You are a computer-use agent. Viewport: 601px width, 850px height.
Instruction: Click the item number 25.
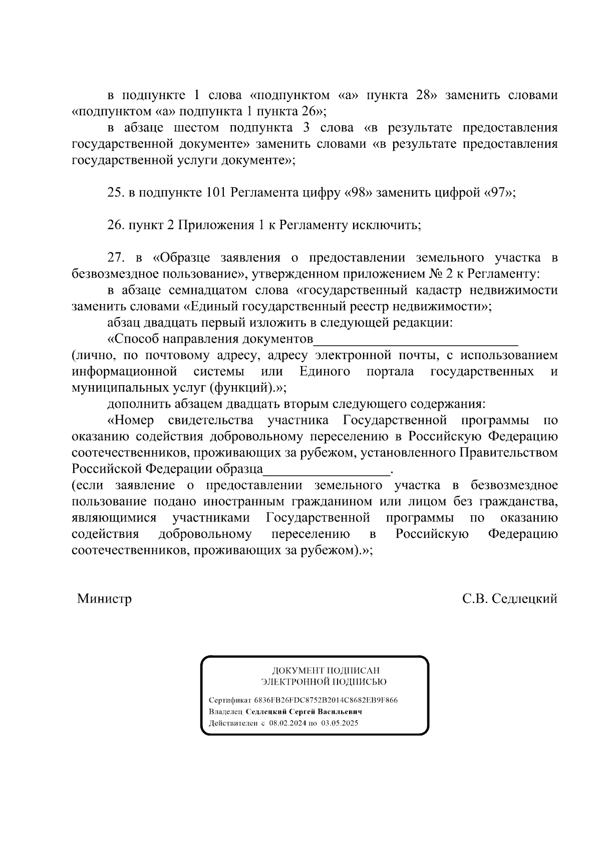(x=116, y=193)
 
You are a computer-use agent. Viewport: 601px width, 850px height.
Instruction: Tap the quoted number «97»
(x=498, y=193)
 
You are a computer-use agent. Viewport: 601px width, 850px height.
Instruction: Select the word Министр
(x=104, y=599)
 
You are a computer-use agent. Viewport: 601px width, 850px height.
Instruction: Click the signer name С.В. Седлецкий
(x=510, y=599)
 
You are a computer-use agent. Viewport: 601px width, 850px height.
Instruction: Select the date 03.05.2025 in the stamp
(x=340, y=723)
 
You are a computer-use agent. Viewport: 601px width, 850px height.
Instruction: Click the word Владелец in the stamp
(x=226, y=712)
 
